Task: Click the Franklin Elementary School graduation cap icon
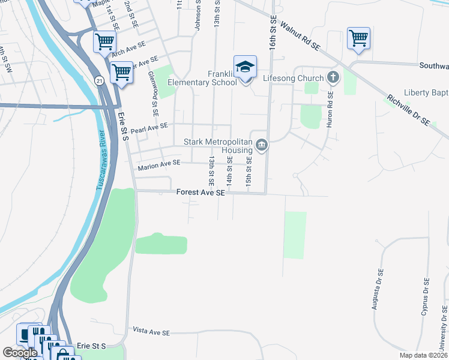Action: coord(245,67)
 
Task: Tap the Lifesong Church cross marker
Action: coord(333,77)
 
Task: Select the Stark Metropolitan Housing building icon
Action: coord(262,145)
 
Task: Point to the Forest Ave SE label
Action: coord(200,193)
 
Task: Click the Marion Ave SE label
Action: coord(159,163)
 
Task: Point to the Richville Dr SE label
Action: coord(408,109)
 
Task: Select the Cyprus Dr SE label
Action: coord(426,297)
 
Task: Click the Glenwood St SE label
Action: coord(153,93)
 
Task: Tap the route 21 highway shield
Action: coord(98,80)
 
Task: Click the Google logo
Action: coord(20,353)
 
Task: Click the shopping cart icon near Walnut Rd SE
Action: coord(358,38)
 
